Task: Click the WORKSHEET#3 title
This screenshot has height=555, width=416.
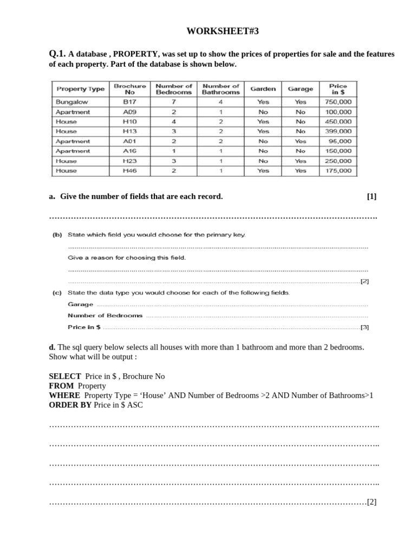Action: [223, 31]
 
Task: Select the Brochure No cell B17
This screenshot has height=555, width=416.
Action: [129, 102]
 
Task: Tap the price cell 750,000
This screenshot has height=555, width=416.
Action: [338, 102]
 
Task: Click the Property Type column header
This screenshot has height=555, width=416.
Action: [80, 89]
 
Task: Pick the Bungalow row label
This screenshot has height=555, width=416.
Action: [71, 102]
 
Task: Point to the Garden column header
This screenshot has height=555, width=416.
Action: [263, 89]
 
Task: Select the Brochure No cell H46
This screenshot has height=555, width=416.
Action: [129, 171]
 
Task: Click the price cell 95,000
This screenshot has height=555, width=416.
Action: [340, 141]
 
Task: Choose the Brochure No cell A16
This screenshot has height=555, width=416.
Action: [129, 151]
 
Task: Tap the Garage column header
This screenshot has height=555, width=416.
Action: [300, 89]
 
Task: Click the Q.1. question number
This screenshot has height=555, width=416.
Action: [57, 54]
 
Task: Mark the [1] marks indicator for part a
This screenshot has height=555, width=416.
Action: [371, 196]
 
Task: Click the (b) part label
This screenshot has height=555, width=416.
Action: [57, 235]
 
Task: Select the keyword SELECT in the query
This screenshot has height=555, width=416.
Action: [65, 376]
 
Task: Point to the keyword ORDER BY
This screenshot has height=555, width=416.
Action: [70, 405]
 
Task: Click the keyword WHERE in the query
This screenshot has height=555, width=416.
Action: [64, 395]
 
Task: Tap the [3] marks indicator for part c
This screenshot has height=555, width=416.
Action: [365, 327]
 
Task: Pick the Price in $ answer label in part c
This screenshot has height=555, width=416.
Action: [84, 327]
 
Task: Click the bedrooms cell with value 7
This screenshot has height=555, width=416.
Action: [173, 102]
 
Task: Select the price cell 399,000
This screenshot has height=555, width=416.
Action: [338, 131]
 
